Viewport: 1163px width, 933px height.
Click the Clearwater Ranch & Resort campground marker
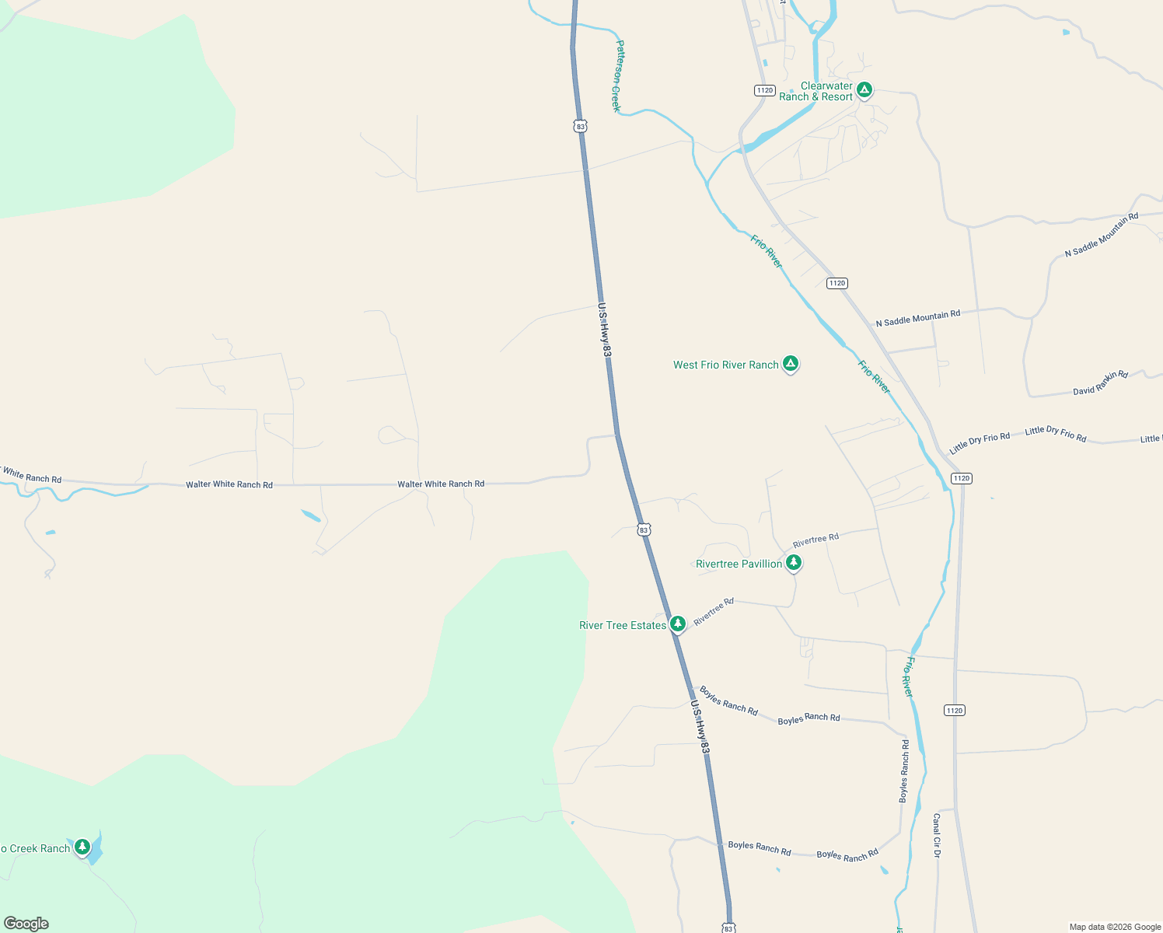pos(864,90)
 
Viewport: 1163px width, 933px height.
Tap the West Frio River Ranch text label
pos(725,365)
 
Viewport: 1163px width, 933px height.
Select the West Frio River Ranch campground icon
pos(791,363)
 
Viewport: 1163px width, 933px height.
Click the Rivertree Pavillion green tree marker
pos(793,562)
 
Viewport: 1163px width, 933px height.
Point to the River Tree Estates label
pos(623,625)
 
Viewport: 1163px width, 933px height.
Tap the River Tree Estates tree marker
pos(678,624)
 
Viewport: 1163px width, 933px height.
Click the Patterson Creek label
pos(618,76)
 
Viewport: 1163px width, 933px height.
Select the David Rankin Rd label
pos(1100,383)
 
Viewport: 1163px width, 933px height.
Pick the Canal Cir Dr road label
pos(937,836)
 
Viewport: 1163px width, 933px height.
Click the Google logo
pos(26,924)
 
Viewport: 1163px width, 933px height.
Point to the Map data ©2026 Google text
pos(1115,927)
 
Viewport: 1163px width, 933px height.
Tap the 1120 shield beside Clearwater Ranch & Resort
pos(765,90)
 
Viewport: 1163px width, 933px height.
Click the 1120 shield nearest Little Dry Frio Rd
pos(962,478)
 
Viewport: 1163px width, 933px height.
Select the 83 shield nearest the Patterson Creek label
pos(580,126)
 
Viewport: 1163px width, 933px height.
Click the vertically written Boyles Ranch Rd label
pos(904,771)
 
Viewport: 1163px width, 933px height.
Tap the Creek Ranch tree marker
pos(82,847)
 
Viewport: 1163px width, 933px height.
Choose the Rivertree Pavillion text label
pos(739,564)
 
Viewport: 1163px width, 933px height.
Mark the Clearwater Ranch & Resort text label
pos(815,92)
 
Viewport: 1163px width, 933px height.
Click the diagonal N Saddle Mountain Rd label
pos(1101,236)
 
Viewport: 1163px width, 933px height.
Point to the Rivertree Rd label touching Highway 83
pos(714,611)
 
